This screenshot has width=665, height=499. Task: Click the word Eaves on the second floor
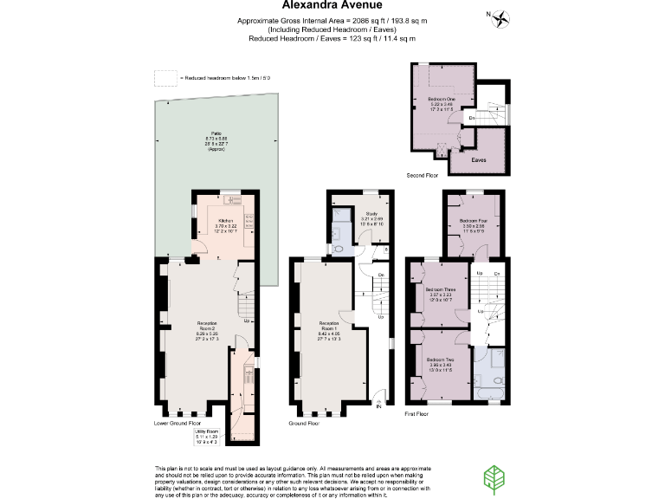pyautogui.click(x=478, y=160)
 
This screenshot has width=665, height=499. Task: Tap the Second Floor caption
pyautogui.click(x=423, y=175)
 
